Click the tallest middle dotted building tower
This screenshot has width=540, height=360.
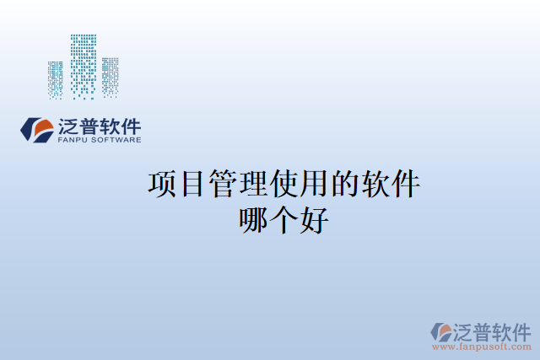pos(84,66)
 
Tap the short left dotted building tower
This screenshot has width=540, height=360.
pos(56,79)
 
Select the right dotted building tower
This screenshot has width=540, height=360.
pos(111,76)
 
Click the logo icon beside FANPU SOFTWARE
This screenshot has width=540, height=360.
pos(36,130)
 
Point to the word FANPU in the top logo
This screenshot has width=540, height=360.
pos(74,140)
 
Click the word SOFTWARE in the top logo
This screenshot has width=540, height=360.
pos(116,140)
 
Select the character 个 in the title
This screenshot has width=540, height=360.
pos(284,220)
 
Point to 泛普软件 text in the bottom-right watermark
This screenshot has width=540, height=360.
pos(494,330)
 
